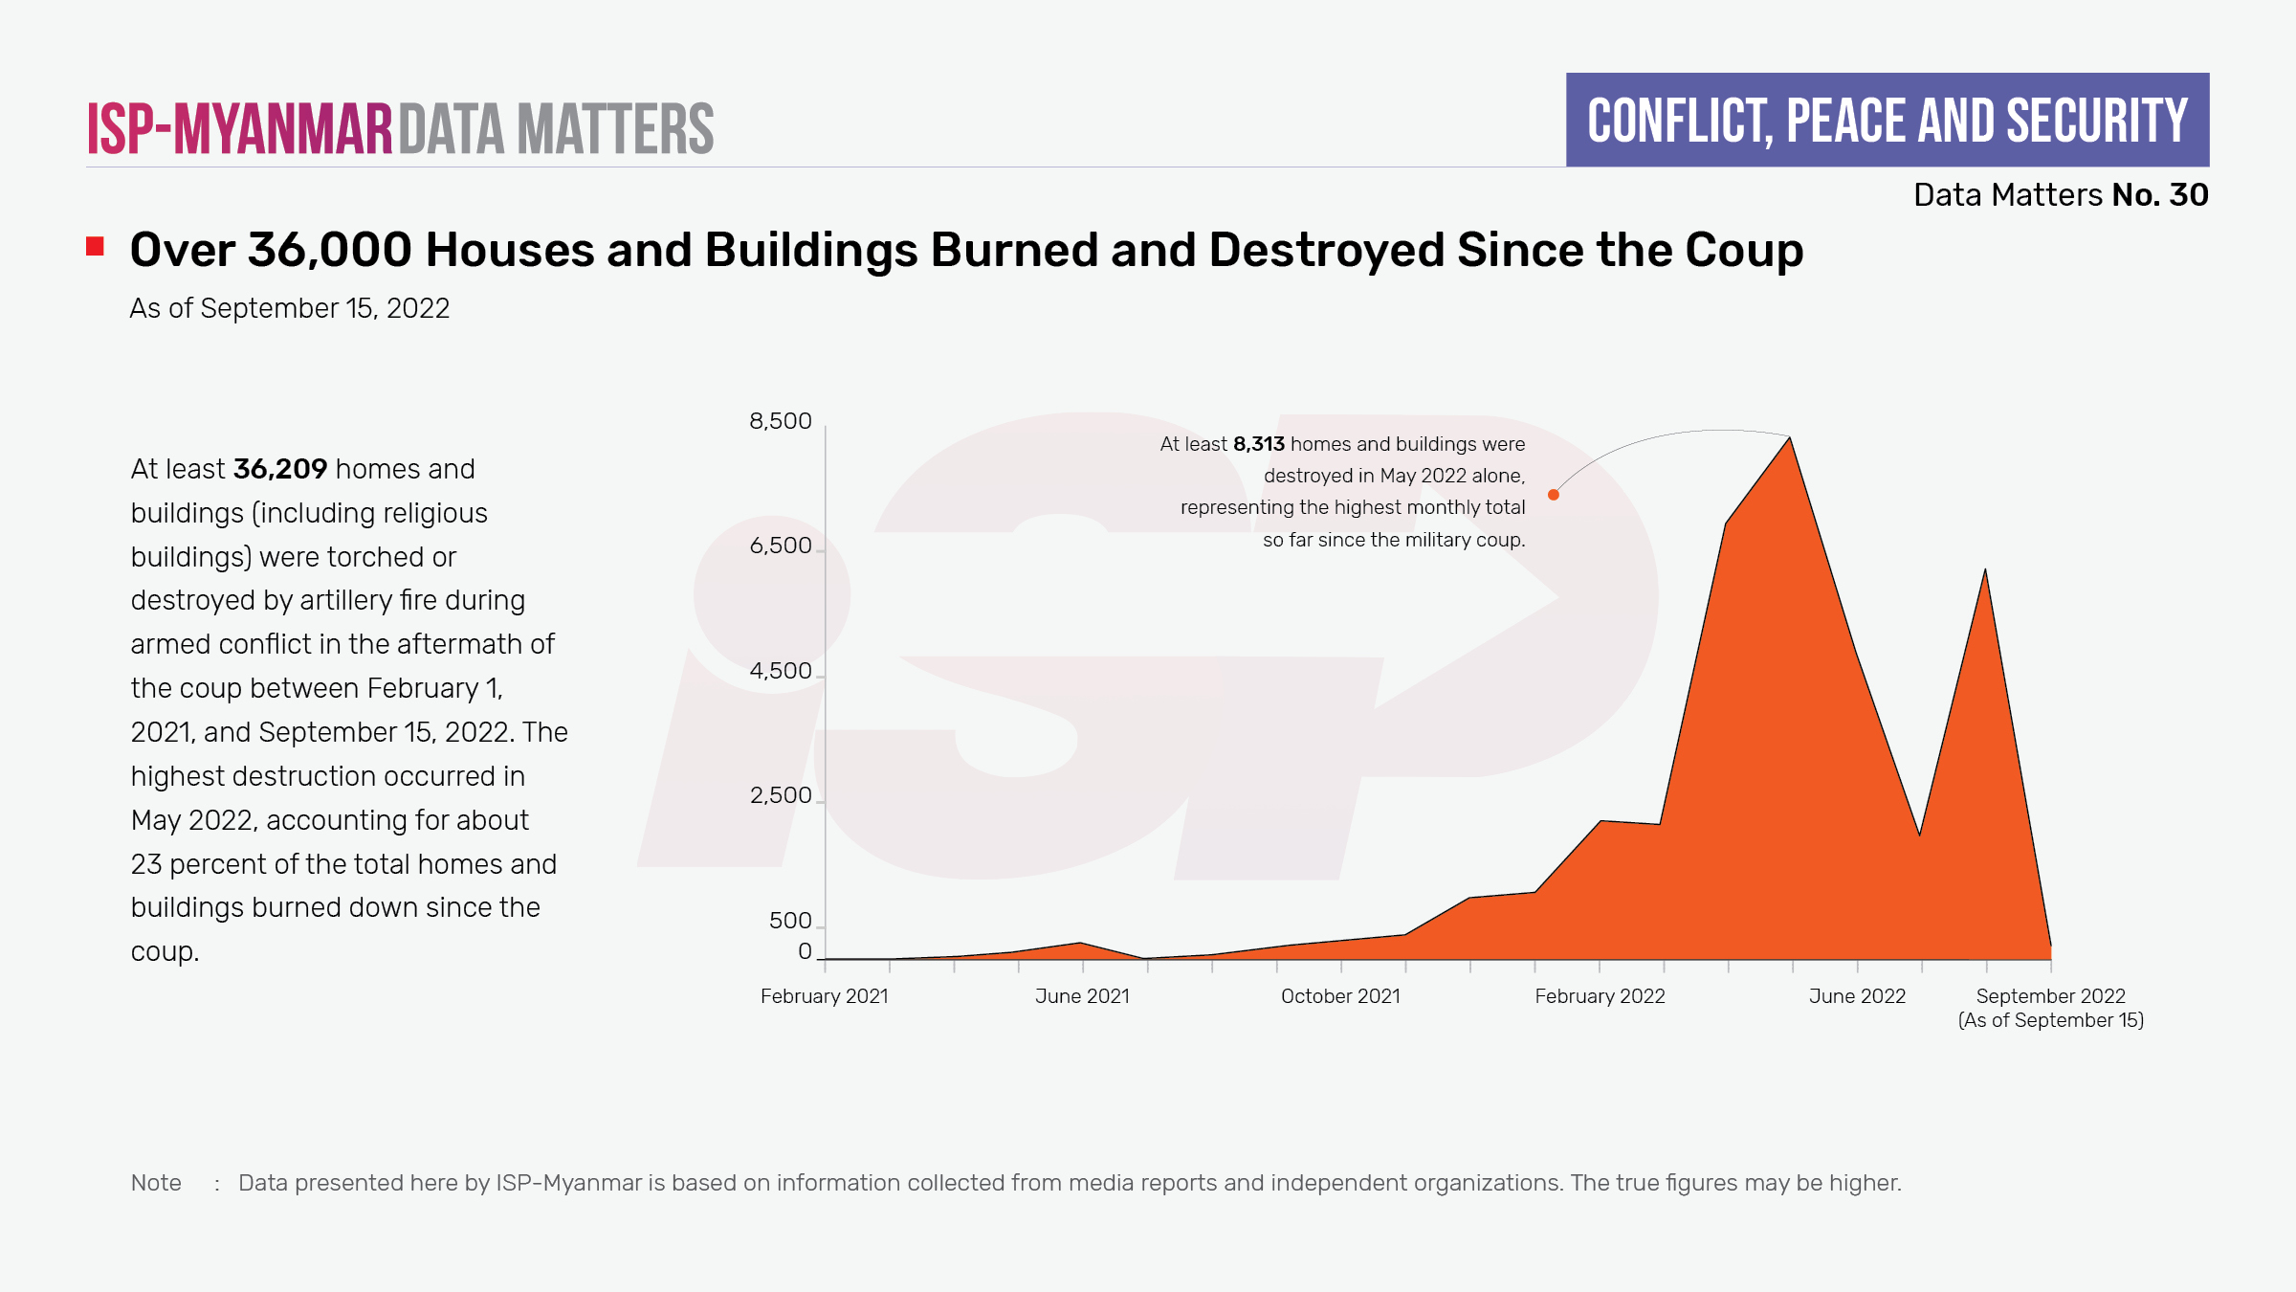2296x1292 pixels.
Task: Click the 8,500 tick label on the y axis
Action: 780,421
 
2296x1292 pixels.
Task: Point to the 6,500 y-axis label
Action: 780,546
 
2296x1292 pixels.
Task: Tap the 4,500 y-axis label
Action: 780,671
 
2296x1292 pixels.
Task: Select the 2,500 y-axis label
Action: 780,795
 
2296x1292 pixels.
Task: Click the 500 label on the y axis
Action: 790,921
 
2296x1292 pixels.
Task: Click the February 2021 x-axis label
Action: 824,996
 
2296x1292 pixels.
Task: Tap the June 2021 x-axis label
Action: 1082,996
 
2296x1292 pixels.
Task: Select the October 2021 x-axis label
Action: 1340,996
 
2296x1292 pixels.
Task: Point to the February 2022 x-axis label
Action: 1600,996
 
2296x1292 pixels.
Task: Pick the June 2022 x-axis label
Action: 1857,996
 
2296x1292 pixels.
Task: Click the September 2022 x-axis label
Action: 2050,996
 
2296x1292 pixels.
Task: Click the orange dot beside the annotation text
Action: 1554,495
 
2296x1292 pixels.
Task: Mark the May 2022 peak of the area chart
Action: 1790,438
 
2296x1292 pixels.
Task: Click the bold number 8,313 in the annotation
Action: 1258,444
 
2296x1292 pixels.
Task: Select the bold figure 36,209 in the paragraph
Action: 280,469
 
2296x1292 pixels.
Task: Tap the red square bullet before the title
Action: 95,247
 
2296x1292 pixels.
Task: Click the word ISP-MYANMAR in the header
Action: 240,129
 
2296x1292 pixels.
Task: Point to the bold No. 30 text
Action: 2160,195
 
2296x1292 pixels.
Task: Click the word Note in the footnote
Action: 156,1183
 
